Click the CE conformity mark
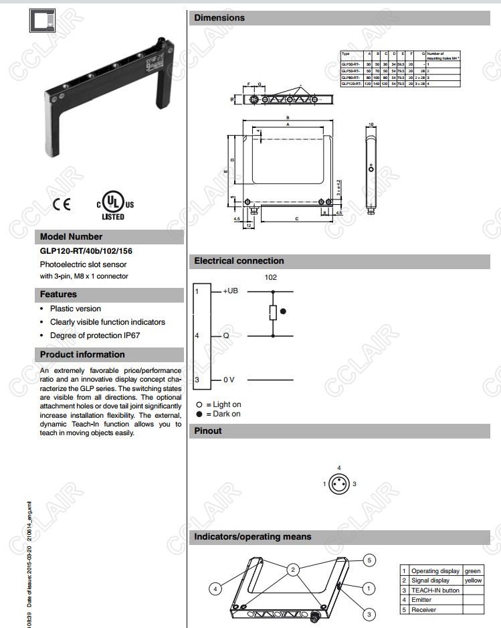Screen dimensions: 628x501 pos(61,204)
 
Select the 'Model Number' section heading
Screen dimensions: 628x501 pos(72,236)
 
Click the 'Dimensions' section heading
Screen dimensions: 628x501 pos(219,17)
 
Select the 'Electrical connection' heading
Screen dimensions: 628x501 pos(239,261)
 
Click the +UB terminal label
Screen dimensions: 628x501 pos(230,291)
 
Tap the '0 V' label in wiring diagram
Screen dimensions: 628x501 pos(228,380)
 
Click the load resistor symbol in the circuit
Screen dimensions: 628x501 pos(272,313)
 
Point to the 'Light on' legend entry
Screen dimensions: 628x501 pos(219,404)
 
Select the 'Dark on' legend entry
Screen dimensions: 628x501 pos(219,414)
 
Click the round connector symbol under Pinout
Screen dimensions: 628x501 pos(340,483)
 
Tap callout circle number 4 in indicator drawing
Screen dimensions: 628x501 pos(215,588)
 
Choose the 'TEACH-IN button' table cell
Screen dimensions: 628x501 pos(435,591)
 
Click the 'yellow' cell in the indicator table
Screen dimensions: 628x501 pos(473,580)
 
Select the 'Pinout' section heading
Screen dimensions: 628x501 pos(207,430)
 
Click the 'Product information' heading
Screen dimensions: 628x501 pos(82,354)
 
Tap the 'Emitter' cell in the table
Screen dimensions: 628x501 pos(423,600)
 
